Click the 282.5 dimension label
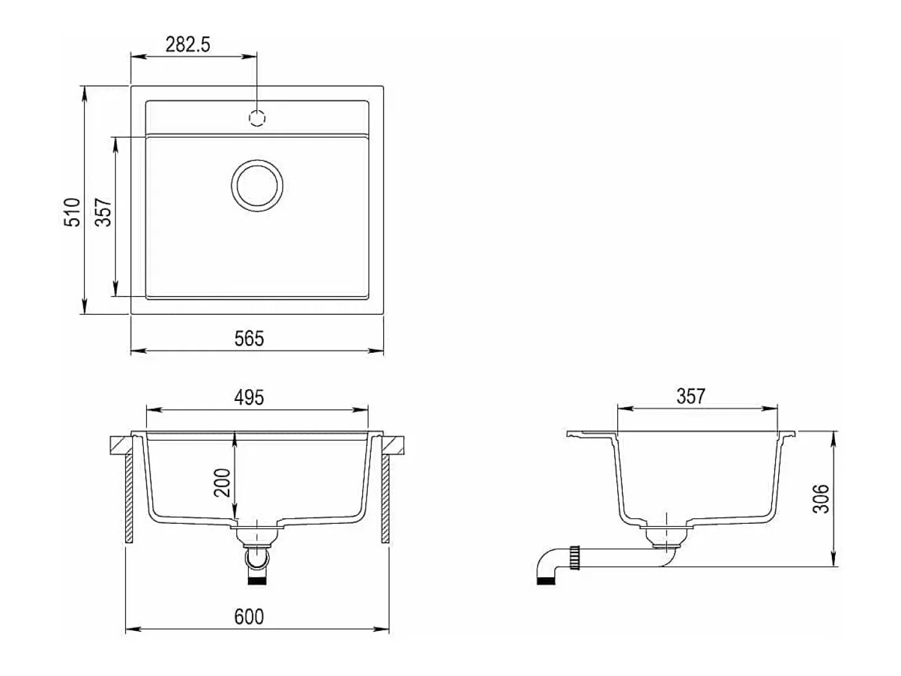(188, 44)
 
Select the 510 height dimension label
(72, 212)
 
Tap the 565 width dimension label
(249, 339)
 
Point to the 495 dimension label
(249, 397)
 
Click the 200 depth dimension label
(223, 482)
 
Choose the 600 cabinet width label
(249, 617)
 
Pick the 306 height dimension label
(821, 499)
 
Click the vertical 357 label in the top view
(103, 212)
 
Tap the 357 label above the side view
(691, 396)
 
